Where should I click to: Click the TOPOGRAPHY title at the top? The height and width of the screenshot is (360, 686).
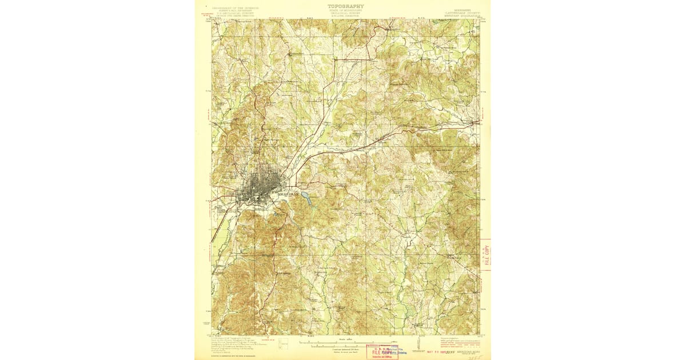tap(345, 6)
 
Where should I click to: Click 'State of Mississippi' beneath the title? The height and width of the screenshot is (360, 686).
tap(345, 10)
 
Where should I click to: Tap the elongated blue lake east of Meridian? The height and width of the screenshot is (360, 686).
tap(306, 199)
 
